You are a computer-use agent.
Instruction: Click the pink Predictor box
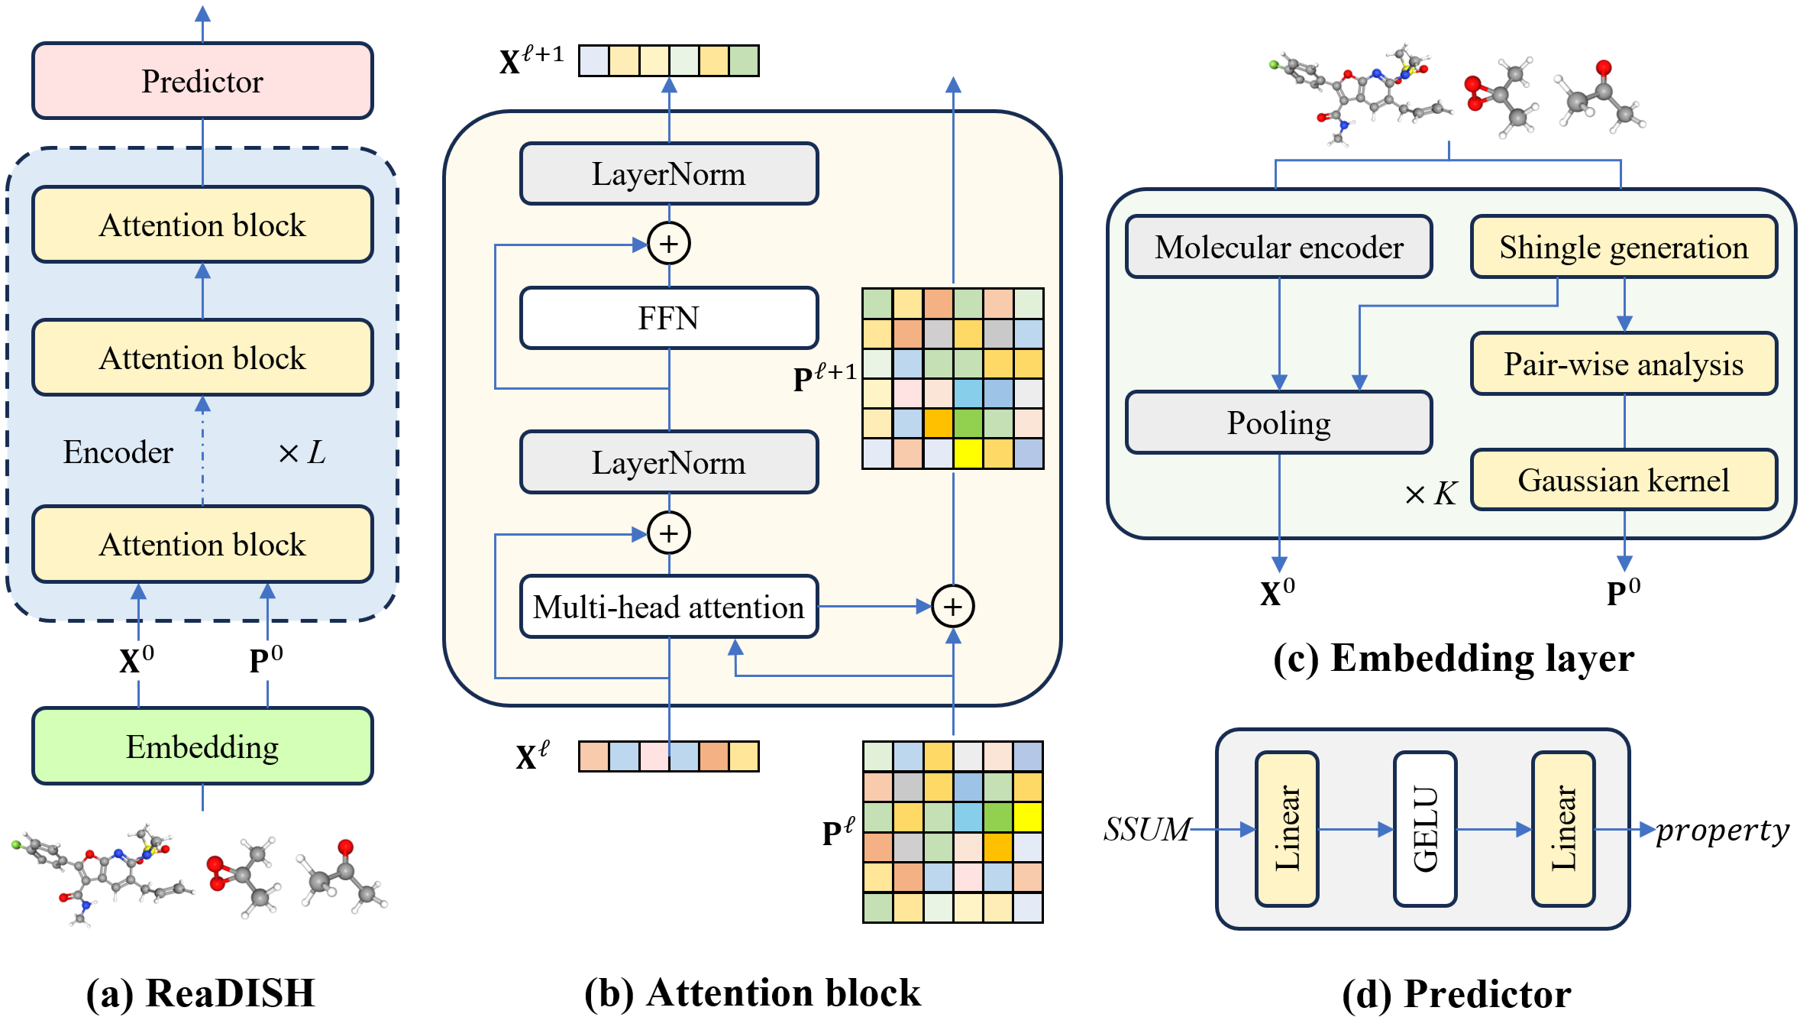(202, 81)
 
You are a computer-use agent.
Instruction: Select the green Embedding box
(202, 747)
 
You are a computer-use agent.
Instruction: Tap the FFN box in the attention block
(669, 318)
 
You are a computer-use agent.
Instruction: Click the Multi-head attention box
(669, 607)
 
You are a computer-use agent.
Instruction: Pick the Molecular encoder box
(1279, 247)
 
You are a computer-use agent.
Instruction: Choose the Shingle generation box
(1624, 247)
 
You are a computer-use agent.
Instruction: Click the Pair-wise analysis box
(1624, 364)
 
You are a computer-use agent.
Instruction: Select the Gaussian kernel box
(1624, 480)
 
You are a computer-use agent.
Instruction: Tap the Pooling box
(1279, 423)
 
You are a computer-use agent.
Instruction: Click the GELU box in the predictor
(1425, 829)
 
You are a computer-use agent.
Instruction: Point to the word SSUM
(1147, 829)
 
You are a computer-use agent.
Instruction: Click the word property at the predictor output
(1722, 830)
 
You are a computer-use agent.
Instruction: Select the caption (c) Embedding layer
(1453, 658)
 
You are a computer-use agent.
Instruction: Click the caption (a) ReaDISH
(201, 993)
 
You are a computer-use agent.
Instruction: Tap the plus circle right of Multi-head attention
(953, 607)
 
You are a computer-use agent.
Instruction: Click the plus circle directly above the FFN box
(669, 244)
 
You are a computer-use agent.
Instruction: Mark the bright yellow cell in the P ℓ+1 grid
(968, 453)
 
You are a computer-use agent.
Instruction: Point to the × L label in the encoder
(302, 452)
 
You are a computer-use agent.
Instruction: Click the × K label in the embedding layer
(1430, 494)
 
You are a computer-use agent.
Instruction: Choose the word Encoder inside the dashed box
(118, 452)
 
